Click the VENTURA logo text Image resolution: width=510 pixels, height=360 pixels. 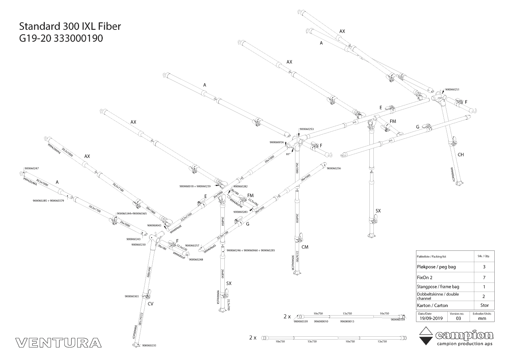pos(59,343)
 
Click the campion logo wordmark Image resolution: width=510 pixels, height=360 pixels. pos(464,335)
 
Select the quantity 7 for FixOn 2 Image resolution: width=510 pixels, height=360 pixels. pos(484,277)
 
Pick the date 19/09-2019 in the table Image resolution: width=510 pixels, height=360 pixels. pos(431,318)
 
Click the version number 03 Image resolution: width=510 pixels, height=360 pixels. pos(458,318)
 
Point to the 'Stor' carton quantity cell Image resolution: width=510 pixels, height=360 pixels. pos(484,305)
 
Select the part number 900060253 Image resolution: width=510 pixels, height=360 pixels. pos(306,129)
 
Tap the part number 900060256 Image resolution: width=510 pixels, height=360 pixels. pos(334,169)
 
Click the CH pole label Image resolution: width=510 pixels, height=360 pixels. pos(460,155)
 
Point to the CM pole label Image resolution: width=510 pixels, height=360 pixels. pos(305,247)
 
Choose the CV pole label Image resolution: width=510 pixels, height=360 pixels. pos(150,303)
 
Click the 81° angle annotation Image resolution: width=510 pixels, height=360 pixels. pos(288,154)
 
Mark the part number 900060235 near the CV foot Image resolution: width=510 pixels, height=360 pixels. pos(149,345)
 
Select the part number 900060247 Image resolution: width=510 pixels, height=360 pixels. pos(31,169)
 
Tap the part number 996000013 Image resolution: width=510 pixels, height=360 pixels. pos(347,321)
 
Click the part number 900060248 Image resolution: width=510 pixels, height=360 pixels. pos(196,260)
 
